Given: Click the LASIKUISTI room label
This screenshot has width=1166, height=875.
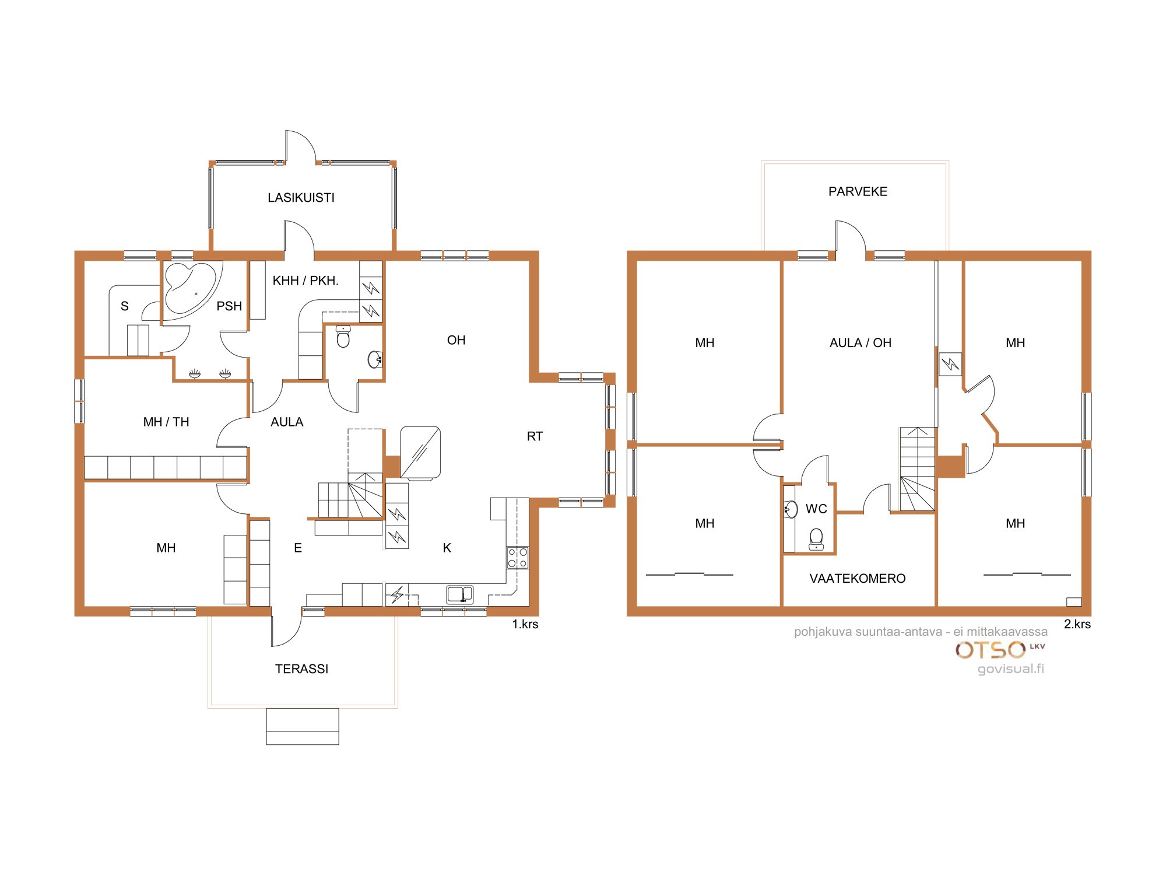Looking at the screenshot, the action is pos(301,198).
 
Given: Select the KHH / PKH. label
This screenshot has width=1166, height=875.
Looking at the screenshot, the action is pos(305,281).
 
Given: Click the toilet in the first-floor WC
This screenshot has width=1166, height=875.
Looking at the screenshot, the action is pos(343,337).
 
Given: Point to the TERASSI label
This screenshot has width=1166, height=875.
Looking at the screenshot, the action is pos(301,669).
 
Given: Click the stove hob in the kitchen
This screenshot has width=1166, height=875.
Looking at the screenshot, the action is pos(517,557).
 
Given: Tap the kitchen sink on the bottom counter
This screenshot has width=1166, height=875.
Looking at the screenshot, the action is pos(460,594).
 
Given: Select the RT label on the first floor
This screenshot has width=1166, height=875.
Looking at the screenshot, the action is pos(535,436).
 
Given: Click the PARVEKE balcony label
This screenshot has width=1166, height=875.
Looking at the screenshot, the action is pos(858,191).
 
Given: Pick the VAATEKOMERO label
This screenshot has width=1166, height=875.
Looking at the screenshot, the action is pos(858,579).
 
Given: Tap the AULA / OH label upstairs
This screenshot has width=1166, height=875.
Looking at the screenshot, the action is pos(861,343).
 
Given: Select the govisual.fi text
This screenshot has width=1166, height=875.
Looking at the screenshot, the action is pos(1011,668).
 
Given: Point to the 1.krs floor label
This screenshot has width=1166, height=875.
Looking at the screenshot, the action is pos(525,624).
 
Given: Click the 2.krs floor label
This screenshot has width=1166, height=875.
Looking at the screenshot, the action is pos(1077,624).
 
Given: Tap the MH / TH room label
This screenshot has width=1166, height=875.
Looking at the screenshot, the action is pos(166,422).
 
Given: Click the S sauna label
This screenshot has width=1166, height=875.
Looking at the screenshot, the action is pos(124,306).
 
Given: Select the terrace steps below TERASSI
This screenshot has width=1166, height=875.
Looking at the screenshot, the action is pos(303,726).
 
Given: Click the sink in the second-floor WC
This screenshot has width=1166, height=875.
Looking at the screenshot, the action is pos(790,509).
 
